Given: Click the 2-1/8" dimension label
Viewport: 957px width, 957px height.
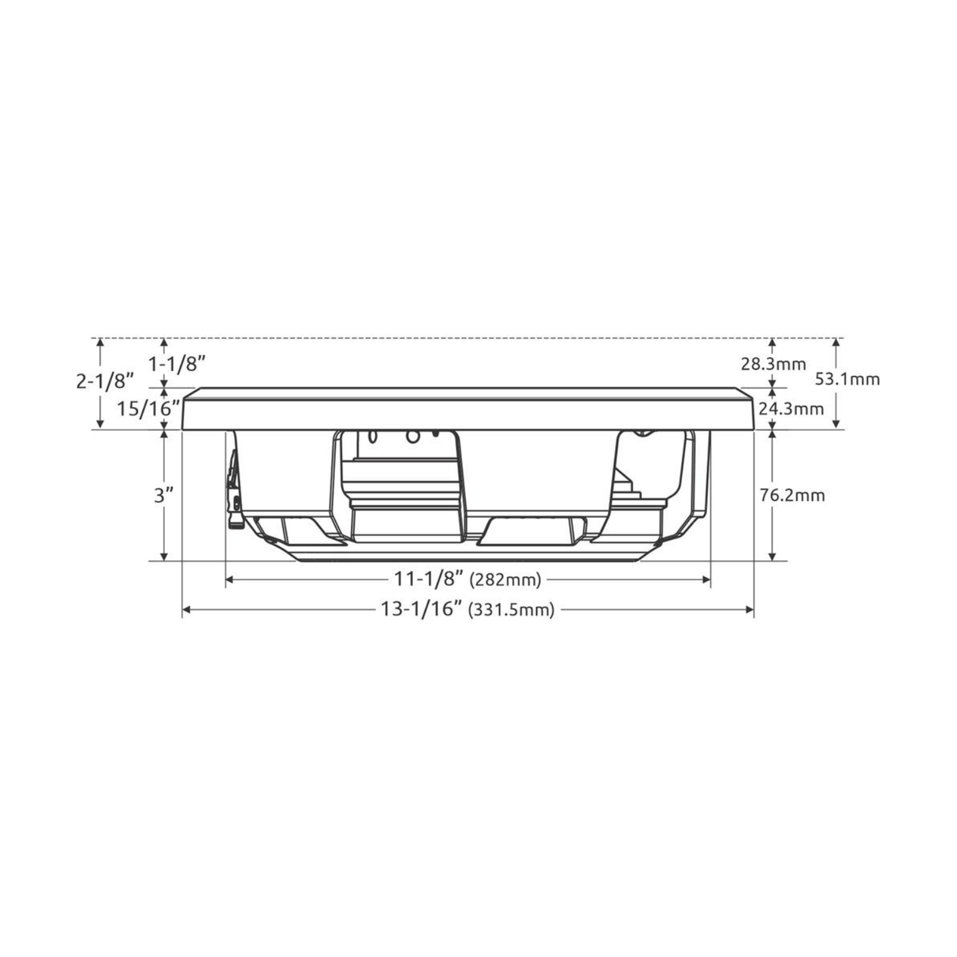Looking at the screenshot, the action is (106, 381).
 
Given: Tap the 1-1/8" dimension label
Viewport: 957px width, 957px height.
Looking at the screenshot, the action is (177, 364).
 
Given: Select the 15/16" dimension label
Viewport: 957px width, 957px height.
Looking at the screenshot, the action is (148, 408).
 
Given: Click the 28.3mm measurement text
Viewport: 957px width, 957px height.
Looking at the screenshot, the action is (773, 364).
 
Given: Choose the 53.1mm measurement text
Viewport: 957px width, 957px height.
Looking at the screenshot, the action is (847, 379).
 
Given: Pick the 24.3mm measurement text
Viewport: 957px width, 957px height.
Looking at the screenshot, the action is (791, 408).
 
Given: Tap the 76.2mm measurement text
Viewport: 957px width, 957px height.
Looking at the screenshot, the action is (792, 495).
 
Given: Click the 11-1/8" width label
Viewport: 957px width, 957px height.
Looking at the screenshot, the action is (429, 579).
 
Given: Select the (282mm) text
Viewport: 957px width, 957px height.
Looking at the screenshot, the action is (505, 579).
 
